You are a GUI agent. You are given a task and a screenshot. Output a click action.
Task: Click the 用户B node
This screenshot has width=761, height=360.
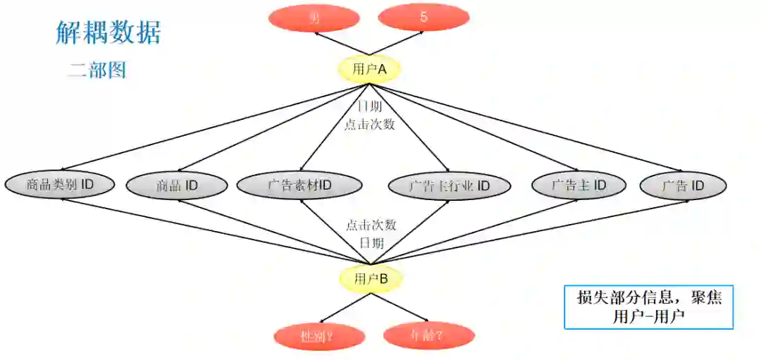(371, 278)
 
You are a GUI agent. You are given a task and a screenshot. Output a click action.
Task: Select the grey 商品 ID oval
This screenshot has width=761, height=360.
(177, 185)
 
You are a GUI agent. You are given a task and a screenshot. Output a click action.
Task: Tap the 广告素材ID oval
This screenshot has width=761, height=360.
(299, 185)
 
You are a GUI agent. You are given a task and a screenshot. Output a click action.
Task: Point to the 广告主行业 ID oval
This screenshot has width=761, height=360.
(449, 186)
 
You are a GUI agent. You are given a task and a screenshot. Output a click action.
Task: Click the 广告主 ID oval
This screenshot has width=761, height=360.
(578, 185)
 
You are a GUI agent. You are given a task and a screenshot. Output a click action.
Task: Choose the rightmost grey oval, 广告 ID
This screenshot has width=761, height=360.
(683, 185)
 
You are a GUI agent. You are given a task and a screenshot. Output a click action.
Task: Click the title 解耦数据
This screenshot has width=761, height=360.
(109, 32)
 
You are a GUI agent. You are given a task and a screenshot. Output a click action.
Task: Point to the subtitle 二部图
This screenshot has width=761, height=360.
(97, 70)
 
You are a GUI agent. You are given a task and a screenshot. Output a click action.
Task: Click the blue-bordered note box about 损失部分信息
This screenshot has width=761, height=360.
(648, 307)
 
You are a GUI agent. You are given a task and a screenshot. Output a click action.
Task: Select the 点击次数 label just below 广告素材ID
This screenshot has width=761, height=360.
(371, 225)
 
